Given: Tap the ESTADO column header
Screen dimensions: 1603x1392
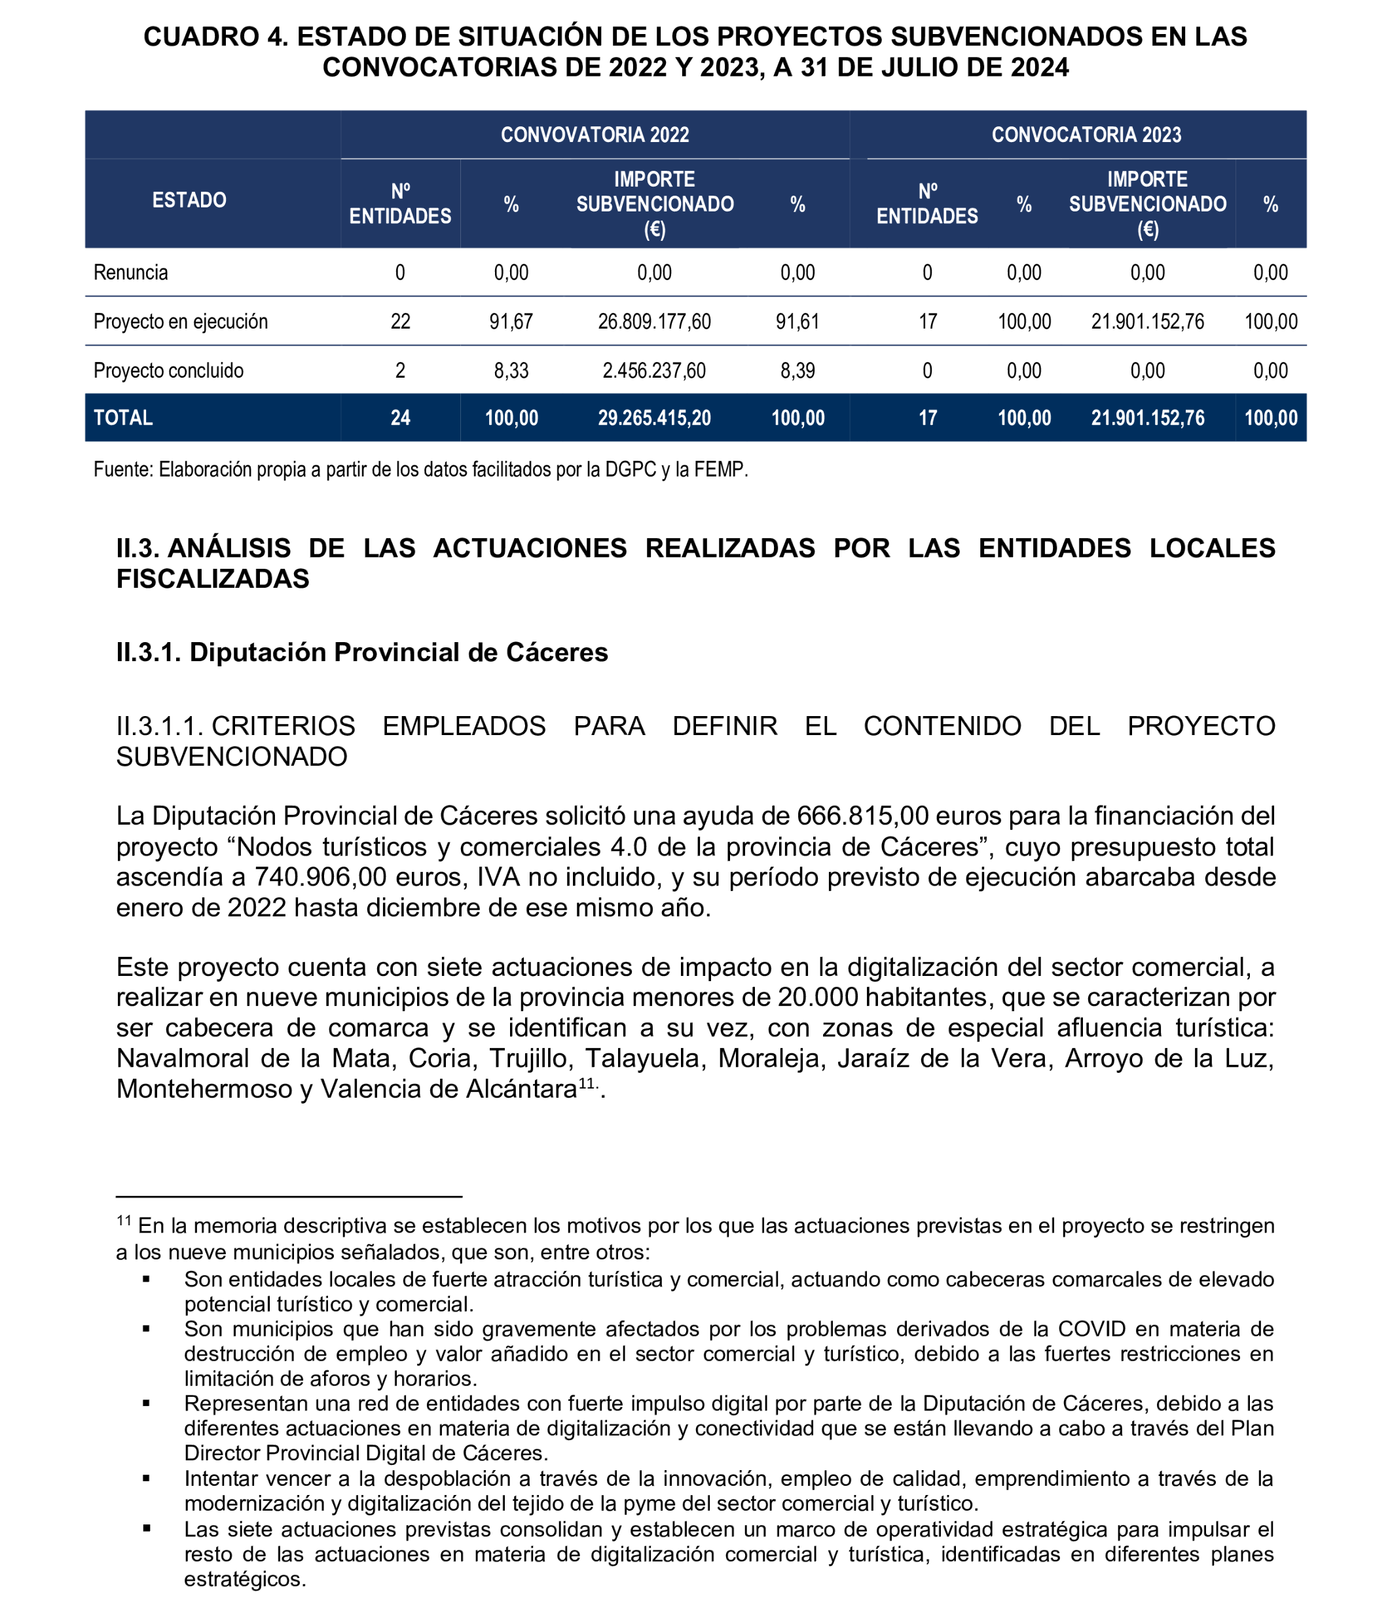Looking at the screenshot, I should point(189,200).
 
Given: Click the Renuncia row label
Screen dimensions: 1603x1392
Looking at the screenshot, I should point(130,272).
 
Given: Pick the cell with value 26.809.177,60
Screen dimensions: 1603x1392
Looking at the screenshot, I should point(654,321).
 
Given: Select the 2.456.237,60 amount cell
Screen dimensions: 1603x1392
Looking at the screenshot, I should point(654,370).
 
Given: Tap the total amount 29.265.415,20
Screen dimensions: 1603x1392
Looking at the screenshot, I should point(654,418).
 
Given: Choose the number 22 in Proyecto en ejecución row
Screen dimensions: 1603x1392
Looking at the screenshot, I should point(400,321).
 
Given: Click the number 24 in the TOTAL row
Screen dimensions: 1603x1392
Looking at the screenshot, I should point(400,418).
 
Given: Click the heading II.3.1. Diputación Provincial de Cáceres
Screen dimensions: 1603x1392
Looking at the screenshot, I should point(362,653).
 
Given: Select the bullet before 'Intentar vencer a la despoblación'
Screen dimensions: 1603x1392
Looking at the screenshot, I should point(146,1478).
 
